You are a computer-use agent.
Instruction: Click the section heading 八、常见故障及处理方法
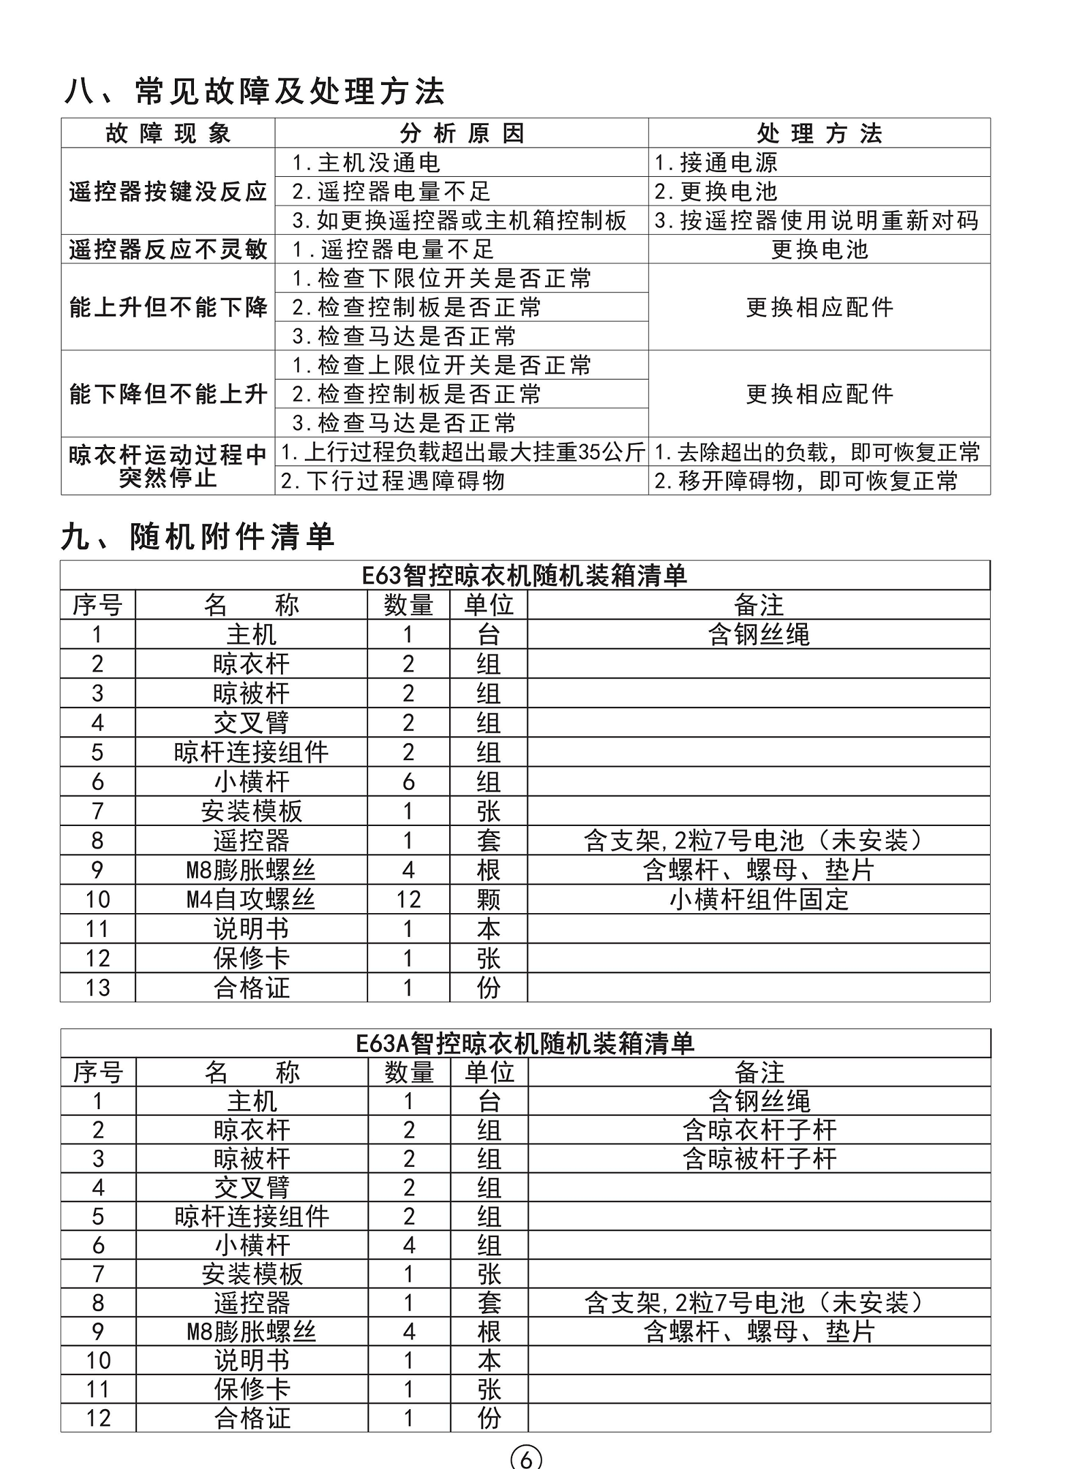[254, 91]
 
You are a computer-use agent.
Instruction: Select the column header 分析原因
[461, 133]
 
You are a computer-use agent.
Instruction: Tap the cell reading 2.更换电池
[715, 192]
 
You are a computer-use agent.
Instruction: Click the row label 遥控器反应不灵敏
[167, 250]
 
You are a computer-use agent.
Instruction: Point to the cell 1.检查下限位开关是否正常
[442, 278]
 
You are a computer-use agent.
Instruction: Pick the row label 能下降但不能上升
[167, 394]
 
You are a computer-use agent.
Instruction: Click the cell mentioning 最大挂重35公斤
[463, 452]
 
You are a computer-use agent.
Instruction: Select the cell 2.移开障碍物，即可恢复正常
[806, 481]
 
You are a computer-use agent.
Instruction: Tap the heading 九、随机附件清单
[197, 537]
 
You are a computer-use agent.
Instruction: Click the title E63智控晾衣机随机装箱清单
[524, 576]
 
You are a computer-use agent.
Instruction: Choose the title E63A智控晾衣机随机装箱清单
[525, 1043]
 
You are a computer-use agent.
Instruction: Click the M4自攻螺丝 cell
[251, 899]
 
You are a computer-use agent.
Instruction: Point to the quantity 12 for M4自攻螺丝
[408, 899]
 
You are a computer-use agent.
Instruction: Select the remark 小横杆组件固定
[759, 899]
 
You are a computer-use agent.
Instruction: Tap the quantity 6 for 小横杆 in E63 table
[408, 782]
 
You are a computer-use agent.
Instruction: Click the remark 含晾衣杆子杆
[759, 1130]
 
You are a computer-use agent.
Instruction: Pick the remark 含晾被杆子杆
[759, 1159]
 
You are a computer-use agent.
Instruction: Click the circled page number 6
[526, 1457]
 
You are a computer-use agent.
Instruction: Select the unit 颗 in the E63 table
[489, 899]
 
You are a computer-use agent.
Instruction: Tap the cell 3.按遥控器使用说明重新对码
[817, 220]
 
